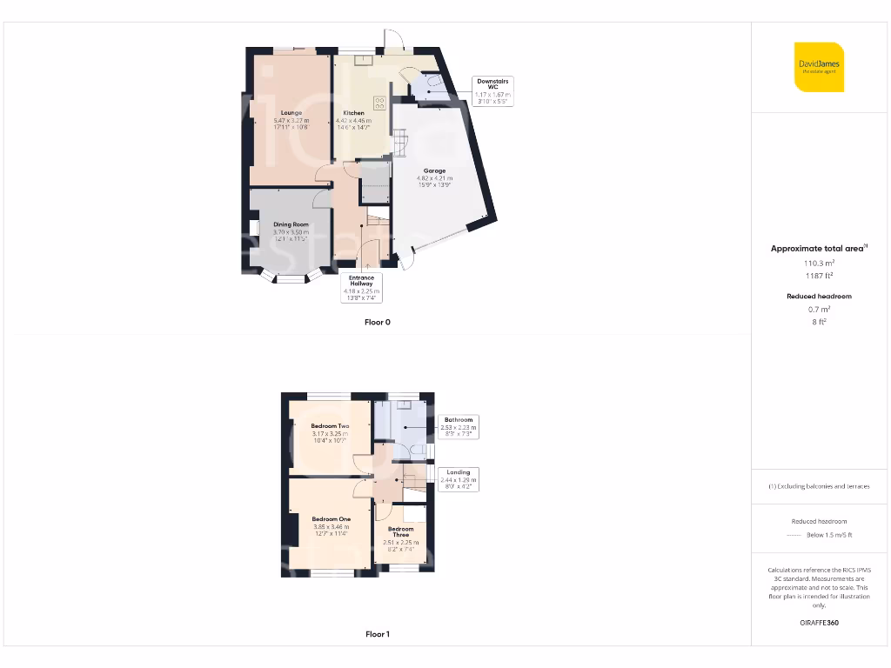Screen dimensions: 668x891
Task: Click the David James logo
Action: pos(820,67)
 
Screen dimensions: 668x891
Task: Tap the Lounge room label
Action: pos(286,113)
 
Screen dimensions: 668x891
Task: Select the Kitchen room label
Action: pos(352,113)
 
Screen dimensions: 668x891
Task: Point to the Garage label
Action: pos(434,171)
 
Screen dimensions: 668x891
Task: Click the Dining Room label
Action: pos(291,224)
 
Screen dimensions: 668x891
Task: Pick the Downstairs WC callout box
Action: pos(492,89)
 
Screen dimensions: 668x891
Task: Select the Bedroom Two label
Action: pos(330,426)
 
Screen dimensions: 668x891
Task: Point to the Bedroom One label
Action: pos(331,519)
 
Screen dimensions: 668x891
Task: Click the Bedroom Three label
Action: pos(400,532)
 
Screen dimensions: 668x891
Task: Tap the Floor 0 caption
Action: pos(378,322)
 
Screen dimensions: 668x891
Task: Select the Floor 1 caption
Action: pos(378,634)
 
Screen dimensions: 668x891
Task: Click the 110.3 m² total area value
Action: pos(819,263)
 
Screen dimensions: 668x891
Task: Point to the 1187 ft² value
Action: pos(819,276)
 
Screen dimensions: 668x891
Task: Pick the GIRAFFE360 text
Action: pos(819,623)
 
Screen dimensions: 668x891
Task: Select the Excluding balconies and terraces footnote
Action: pos(819,486)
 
